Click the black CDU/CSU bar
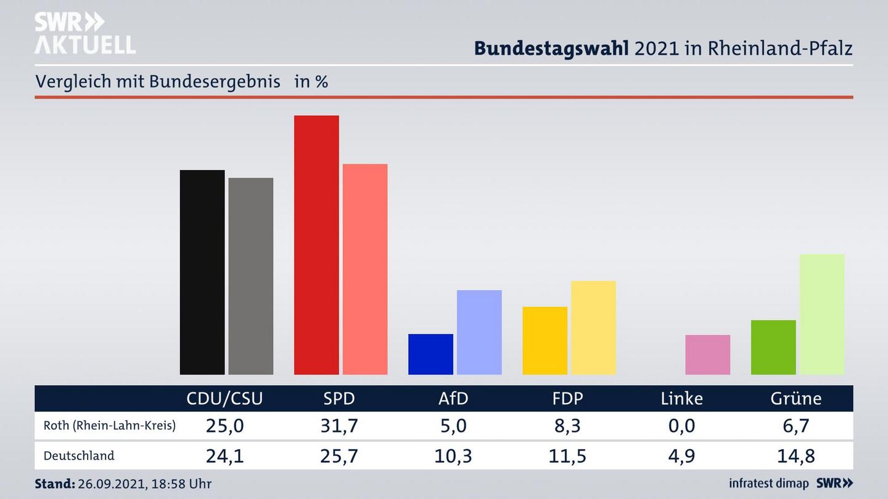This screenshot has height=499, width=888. (202, 272)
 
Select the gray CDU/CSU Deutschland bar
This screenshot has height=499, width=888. (251, 276)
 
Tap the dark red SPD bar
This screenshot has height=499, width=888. (316, 245)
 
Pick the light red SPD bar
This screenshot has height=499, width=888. (365, 269)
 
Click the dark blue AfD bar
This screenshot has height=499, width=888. (430, 354)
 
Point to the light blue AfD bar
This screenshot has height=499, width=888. (479, 332)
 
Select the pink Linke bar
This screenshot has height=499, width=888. (708, 355)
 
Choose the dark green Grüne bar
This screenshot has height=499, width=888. (773, 347)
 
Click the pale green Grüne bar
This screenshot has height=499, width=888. (822, 314)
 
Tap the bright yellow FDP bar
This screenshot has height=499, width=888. (545, 341)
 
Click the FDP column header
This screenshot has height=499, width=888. (567, 399)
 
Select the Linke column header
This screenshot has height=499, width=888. (681, 399)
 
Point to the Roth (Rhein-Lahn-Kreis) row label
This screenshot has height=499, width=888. (109, 426)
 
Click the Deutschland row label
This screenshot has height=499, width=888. (79, 456)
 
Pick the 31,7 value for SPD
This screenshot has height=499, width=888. (339, 426)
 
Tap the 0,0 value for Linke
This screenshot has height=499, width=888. (681, 426)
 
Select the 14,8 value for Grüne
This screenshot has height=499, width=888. (796, 456)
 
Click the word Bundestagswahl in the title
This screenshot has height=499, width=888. (551, 49)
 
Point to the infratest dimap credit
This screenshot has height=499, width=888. (768, 484)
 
